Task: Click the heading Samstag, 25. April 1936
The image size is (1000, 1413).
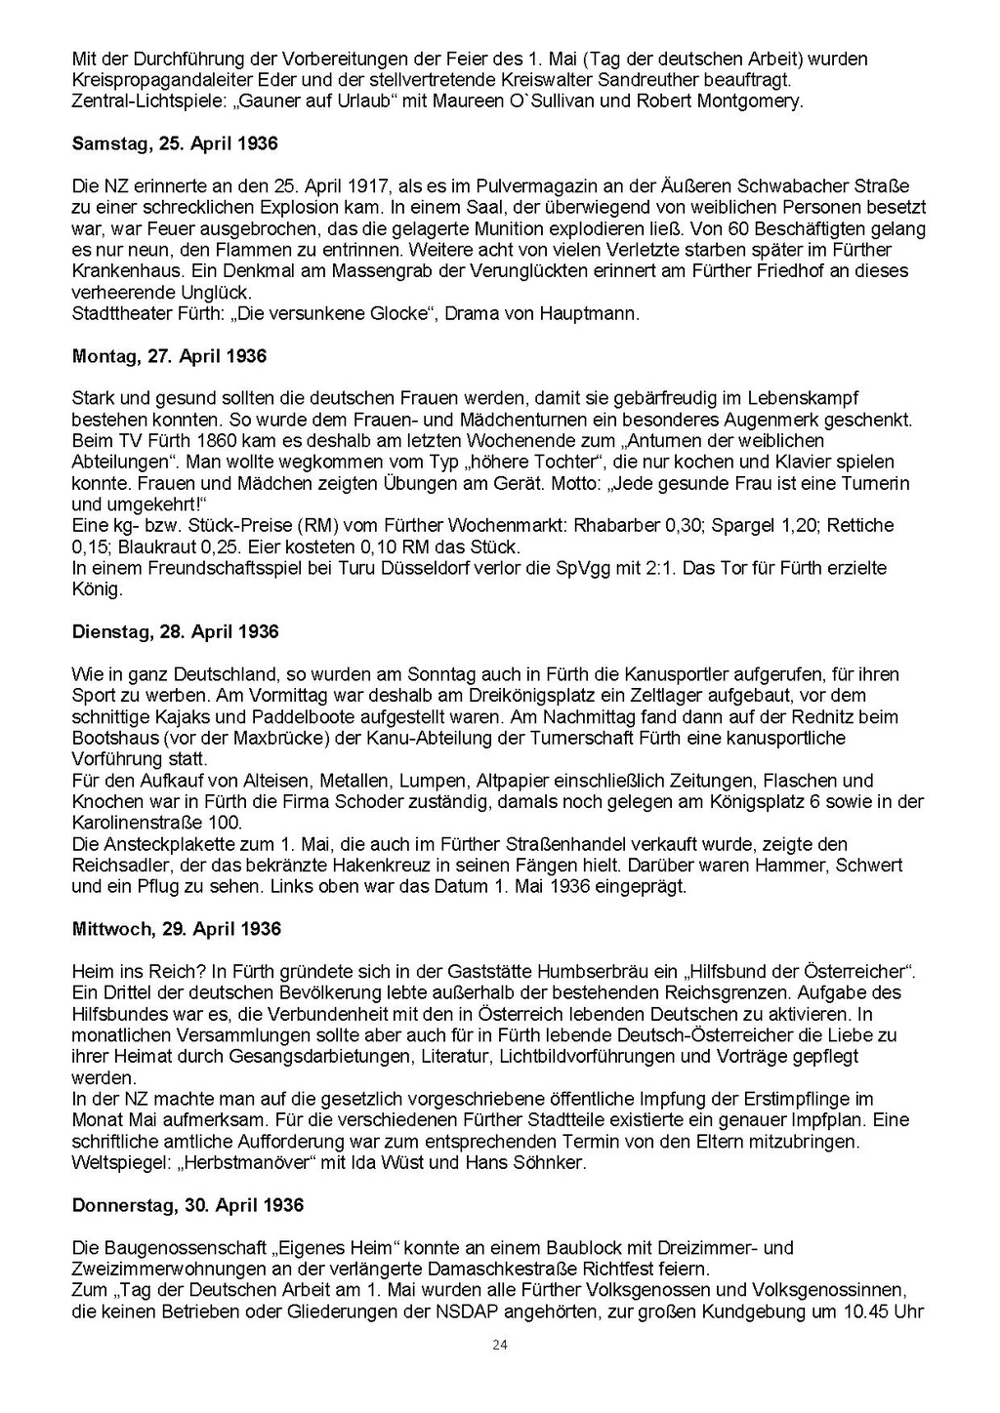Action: pyautogui.click(x=175, y=143)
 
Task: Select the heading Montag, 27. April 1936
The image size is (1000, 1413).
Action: pyautogui.click(x=169, y=356)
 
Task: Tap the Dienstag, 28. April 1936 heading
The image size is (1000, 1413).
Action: pyautogui.click(x=175, y=631)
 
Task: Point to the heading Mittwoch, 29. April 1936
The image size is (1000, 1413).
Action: pyautogui.click(x=176, y=929)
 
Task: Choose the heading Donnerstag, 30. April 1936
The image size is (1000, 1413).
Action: pyautogui.click(x=187, y=1205)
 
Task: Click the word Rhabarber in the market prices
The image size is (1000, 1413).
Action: pyautogui.click(x=618, y=525)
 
